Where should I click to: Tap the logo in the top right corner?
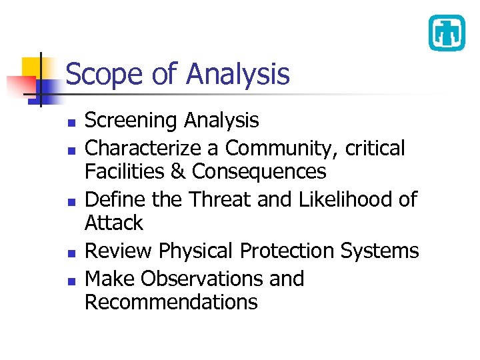(446, 33)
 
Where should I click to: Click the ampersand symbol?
(178, 172)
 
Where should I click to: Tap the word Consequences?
(259, 172)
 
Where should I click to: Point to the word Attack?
(114, 223)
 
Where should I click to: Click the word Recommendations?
(171, 302)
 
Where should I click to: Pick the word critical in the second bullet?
(375, 148)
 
